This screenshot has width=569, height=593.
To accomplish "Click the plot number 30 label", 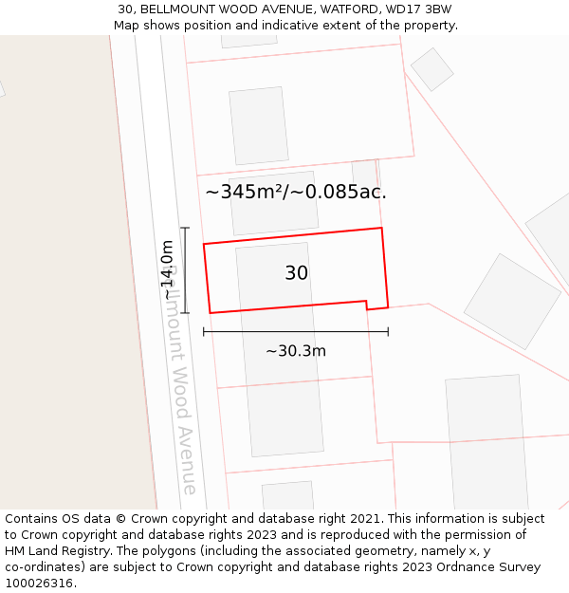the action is [296, 273].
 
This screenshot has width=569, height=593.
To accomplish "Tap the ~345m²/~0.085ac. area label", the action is [296, 193].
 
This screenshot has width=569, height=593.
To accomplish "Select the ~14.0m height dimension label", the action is [168, 270].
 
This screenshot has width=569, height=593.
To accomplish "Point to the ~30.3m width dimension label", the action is [296, 351].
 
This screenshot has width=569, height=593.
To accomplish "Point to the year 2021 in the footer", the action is [365, 519].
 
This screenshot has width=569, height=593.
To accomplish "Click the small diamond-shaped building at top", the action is [431, 69].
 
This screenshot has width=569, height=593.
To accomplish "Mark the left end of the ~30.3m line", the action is [204, 332].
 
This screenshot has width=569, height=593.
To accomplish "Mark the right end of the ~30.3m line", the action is [388, 332].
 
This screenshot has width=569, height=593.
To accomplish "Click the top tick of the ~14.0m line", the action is [185, 228].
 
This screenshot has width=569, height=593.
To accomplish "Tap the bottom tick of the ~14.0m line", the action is [185, 312].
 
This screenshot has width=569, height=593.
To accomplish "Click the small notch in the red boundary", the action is [367, 306].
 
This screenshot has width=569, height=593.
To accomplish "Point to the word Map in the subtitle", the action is [128, 26].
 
